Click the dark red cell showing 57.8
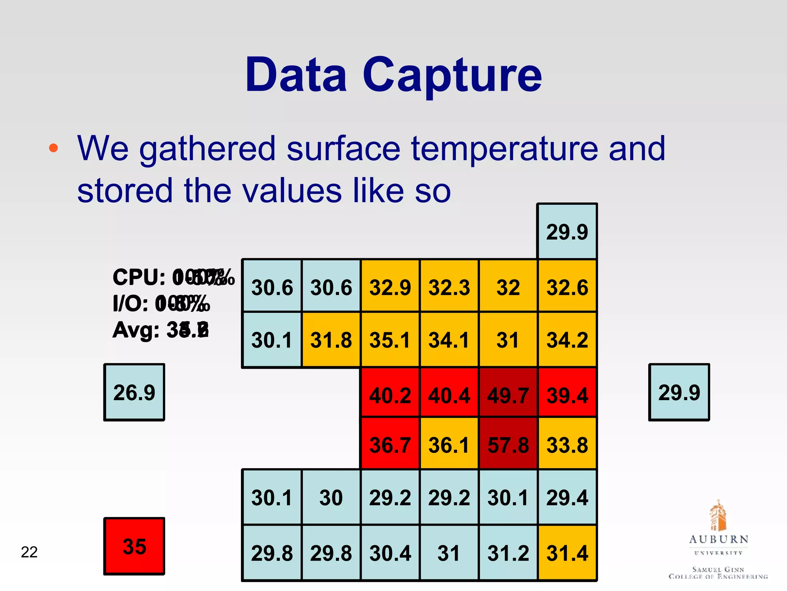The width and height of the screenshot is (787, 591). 508,445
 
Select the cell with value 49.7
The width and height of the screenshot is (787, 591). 508,395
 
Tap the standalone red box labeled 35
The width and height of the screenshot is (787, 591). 134,546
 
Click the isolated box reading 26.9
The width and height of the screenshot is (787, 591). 134,392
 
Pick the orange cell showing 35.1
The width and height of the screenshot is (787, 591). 390,340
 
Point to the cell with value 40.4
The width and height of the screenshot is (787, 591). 449,395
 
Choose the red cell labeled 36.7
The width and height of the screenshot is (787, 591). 390,445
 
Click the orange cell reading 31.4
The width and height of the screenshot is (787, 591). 567,553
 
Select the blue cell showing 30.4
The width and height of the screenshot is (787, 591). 390,553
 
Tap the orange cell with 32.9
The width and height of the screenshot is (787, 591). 390,287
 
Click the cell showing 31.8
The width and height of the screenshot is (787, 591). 331,340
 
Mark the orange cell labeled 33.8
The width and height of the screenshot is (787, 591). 567,445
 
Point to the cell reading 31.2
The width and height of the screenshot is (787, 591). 508,553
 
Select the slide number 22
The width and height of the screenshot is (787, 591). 29,552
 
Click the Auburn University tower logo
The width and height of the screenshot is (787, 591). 717,516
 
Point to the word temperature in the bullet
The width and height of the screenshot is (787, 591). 505,149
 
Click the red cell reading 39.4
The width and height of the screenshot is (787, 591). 567,395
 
